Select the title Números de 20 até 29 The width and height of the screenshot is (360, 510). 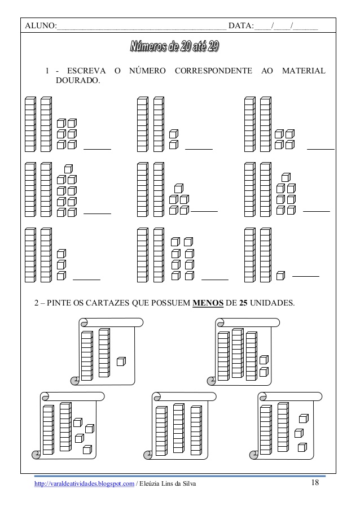[x=174, y=47]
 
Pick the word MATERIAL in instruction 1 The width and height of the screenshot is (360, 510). [x=304, y=71]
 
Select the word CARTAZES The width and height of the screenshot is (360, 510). [x=111, y=303]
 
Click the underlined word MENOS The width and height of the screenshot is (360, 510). [x=208, y=303]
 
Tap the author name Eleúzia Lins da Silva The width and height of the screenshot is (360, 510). [x=168, y=484]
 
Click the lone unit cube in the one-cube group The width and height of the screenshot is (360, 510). [x=280, y=276]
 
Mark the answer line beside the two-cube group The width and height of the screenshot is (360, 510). [x=199, y=149]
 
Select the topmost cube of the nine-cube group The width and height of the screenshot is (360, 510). [x=68, y=168]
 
